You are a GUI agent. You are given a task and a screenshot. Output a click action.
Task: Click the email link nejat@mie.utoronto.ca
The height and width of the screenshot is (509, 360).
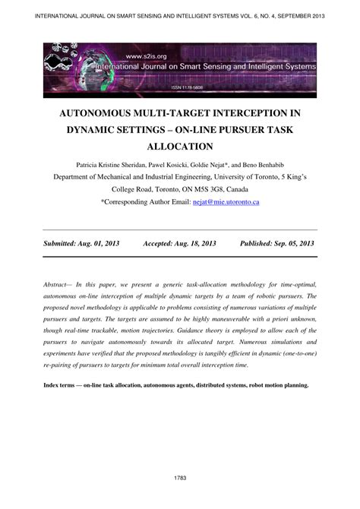pos(235,203)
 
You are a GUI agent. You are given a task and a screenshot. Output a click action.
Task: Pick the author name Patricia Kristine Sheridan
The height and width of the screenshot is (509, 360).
pos(117,163)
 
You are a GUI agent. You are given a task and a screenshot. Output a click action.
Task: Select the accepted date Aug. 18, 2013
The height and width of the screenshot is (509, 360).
pos(190,243)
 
